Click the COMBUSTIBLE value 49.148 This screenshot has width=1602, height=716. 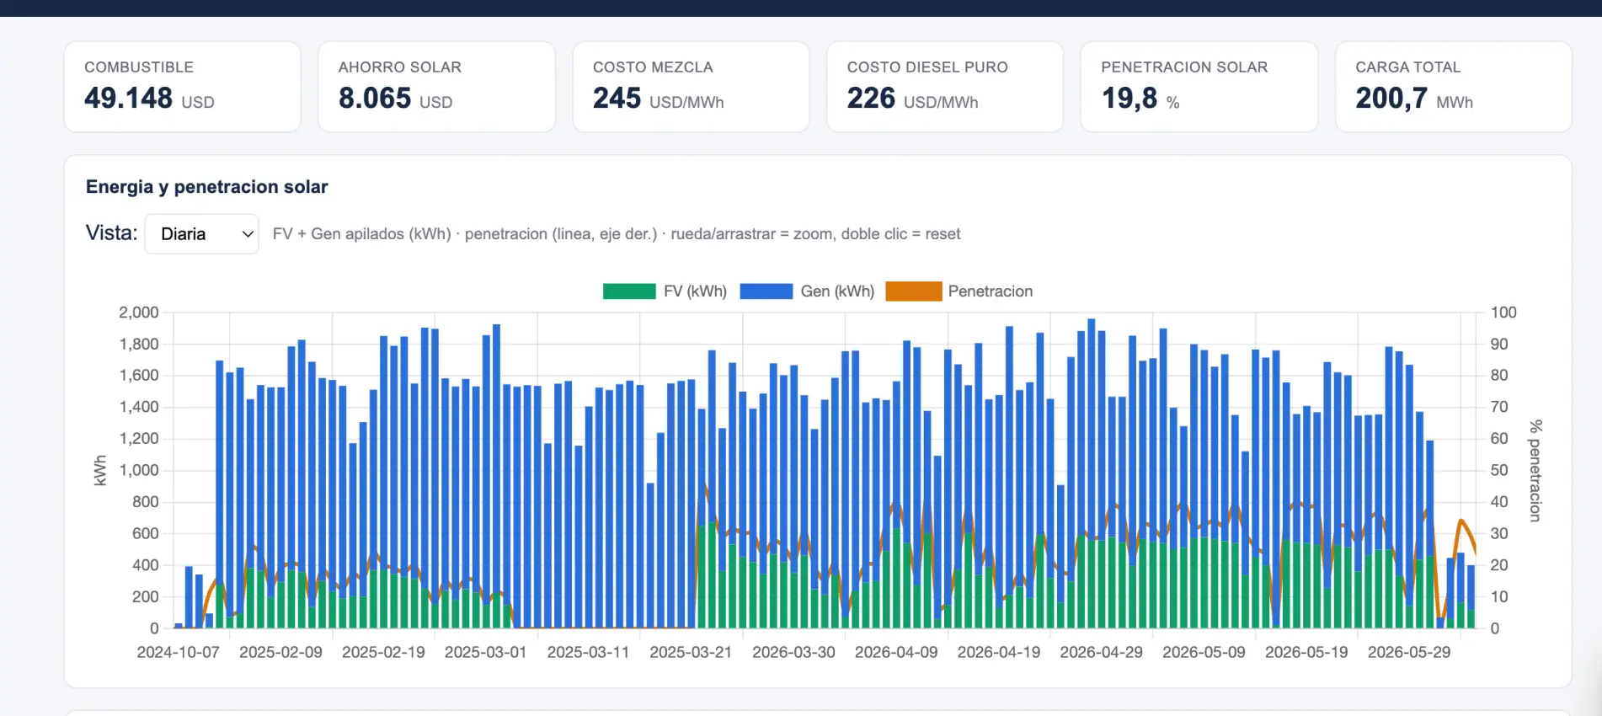click(x=128, y=99)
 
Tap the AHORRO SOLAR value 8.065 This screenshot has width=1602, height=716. click(x=375, y=99)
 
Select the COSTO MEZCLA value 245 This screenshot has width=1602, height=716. click(x=617, y=99)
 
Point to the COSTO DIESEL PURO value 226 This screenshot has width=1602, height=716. click(x=871, y=99)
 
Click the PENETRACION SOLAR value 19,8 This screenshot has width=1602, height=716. click(x=1129, y=99)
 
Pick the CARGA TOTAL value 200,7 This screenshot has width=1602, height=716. click(x=1391, y=99)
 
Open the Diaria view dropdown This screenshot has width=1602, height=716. click(x=201, y=234)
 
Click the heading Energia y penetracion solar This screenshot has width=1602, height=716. click(x=207, y=187)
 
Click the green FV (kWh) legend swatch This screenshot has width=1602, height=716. click(x=629, y=291)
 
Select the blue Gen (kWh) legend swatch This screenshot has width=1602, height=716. click(x=766, y=291)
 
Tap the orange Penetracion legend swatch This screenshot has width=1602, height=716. click(x=914, y=291)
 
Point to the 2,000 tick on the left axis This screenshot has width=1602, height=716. click(x=139, y=313)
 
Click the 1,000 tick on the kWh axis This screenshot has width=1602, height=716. click(x=139, y=470)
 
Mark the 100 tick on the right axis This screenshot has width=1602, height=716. click(x=1503, y=313)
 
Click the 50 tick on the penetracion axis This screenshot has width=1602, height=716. click(x=1499, y=470)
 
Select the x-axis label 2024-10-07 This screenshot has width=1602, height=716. click(x=179, y=653)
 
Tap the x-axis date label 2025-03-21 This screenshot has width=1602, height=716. click(x=691, y=653)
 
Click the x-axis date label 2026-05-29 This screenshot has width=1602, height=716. click(x=1409, y=653)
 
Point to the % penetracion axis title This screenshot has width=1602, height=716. click(x=1535, y=471)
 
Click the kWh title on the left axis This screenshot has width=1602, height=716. click(x=100, y=471)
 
